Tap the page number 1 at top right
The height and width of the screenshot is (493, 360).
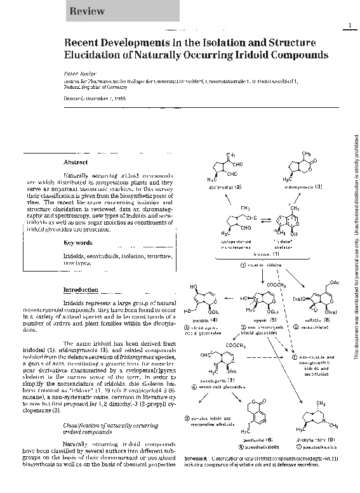[x=349, y=25]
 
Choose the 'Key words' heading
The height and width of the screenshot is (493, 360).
[x=78, y=242]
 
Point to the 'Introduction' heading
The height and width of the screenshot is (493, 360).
[x=80, y=289]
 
